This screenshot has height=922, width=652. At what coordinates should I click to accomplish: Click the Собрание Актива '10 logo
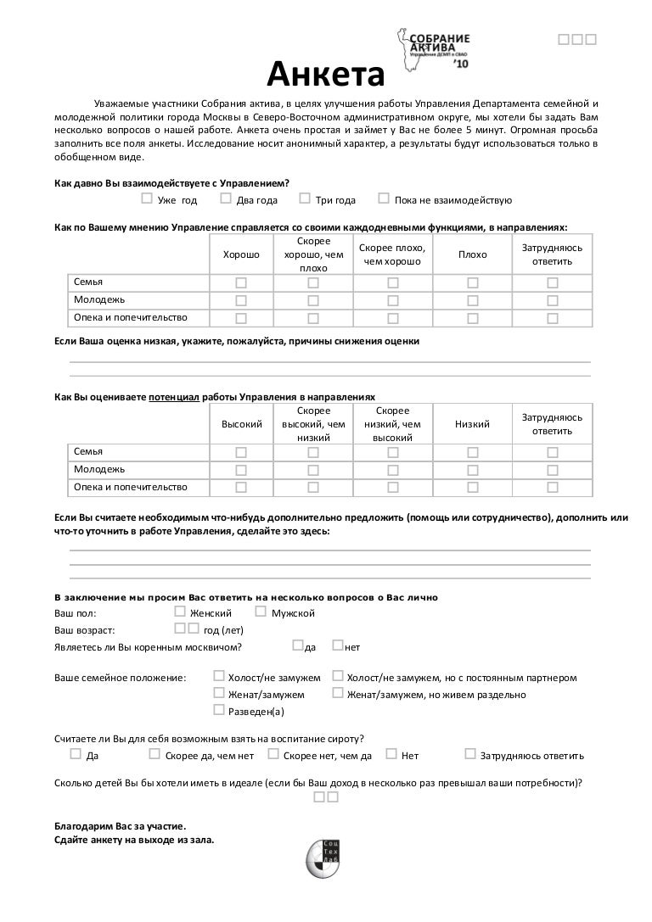coord(432,50)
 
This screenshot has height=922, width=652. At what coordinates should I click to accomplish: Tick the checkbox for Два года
coord(226,198)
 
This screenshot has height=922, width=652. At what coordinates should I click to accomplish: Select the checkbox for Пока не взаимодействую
coord(384,198)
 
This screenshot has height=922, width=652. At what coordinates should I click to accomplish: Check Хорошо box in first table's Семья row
coord(241,282)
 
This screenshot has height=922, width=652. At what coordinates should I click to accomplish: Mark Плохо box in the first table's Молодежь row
coord(473,300)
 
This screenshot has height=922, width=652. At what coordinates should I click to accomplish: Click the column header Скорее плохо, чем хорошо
coord(392,254)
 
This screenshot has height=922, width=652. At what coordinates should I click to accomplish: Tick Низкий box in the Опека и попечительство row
coord(473,488)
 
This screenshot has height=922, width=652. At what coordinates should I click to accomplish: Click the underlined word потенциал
coord(174,396)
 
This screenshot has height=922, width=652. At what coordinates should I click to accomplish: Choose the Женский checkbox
coord(179,612)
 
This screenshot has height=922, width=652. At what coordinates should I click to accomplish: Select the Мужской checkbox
coord(261,612)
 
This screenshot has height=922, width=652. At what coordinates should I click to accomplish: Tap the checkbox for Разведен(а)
coord(219,711)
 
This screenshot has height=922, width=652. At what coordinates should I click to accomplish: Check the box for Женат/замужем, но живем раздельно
coord(338,694)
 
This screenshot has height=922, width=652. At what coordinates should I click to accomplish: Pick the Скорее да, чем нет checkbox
coord(155,753)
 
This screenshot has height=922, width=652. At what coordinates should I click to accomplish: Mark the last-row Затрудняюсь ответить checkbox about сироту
coord(470,753)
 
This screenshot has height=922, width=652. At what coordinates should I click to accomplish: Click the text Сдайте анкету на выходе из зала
coord(134,841)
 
